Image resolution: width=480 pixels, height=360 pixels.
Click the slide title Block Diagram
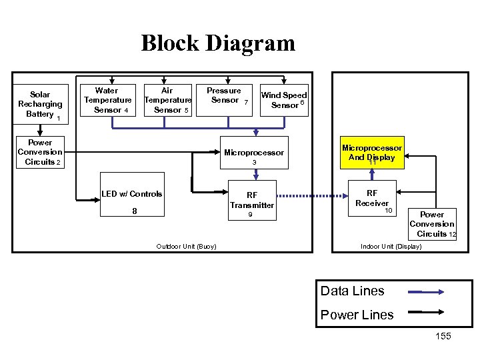217,43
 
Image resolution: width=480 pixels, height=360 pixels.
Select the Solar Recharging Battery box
40,104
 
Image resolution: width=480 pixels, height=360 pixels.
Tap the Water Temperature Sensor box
107,100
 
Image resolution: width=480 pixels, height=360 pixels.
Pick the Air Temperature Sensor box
167,100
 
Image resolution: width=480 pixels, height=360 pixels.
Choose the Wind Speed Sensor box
284,100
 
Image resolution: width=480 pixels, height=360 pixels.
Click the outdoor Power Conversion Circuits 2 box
40,152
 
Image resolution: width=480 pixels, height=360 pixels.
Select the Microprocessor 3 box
253,157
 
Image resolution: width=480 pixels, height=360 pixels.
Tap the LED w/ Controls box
132,202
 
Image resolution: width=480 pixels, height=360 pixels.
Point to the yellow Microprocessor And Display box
371,153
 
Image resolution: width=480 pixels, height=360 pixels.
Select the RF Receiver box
371,198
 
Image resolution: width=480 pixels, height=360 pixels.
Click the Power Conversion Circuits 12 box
432,225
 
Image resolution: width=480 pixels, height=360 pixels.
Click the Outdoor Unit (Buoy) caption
186,247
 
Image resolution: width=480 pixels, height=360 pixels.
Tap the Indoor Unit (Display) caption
391,247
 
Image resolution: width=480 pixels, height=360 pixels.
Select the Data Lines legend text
352,291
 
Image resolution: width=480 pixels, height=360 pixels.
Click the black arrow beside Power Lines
427,311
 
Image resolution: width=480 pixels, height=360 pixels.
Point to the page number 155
443,336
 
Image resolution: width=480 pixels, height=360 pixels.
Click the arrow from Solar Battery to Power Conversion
40,131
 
